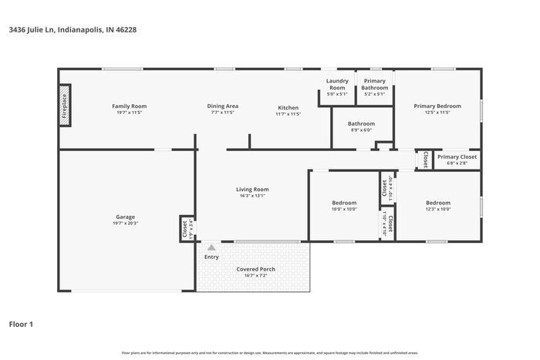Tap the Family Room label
click(x=129, y=106)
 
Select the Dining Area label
click(x=222, y=106)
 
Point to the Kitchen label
click(x=288, y=106)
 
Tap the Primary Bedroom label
click(x=437, y=106)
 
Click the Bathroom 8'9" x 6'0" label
click(x=361, y=123)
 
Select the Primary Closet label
click(x=457, y=157)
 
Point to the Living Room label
click(x=252, y=189)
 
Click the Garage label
click(x=125, y=217)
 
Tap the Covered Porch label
click(x=255, y=269)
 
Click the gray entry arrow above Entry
click(x=211, y=247)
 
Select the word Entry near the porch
click(x=211, y=257)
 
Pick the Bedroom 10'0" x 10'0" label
click(x=344, y=203)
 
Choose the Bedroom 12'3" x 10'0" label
click(x=437, y=203)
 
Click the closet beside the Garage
click(x=185, y=227)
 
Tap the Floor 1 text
click(x=22, y=324)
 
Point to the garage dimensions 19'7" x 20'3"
click(x=125, y=224)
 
